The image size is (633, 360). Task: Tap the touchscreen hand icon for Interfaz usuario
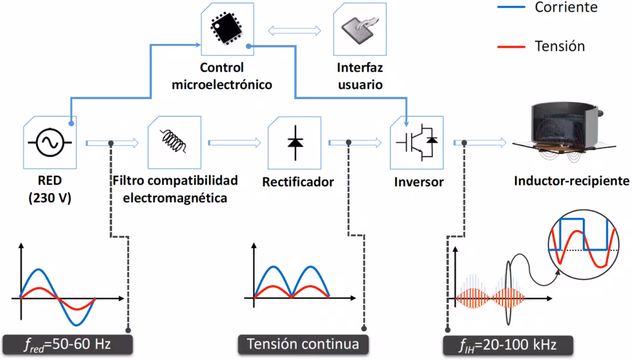coord(359,29)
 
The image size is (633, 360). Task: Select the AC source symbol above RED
coord(48,143)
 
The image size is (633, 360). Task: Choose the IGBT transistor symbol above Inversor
coord(416,143)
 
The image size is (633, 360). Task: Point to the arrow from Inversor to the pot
coord(478,143)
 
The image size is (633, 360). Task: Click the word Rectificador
coord(298,182)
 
